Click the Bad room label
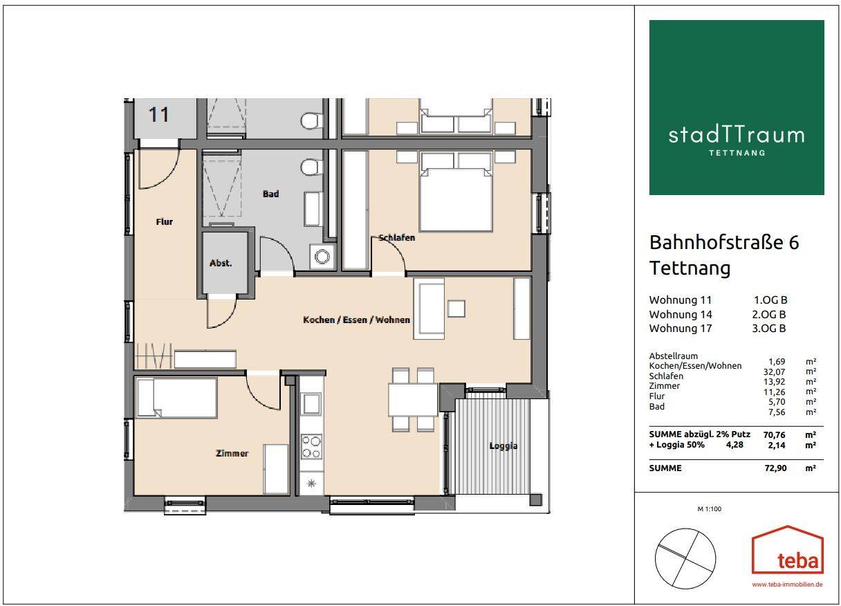[270, 194]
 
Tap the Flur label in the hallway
[164, 222]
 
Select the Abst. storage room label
[221, 263]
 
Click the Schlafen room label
[396, 238]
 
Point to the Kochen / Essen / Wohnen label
[356, 320]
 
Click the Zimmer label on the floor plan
[232, 454]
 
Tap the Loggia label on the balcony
[503, 446]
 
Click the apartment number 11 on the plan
[159, 114]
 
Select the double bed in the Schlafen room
[456, 194]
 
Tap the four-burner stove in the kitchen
[311, 446]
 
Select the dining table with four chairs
[413, 400]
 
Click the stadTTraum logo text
[736, 134]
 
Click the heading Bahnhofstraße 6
[723, 243]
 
